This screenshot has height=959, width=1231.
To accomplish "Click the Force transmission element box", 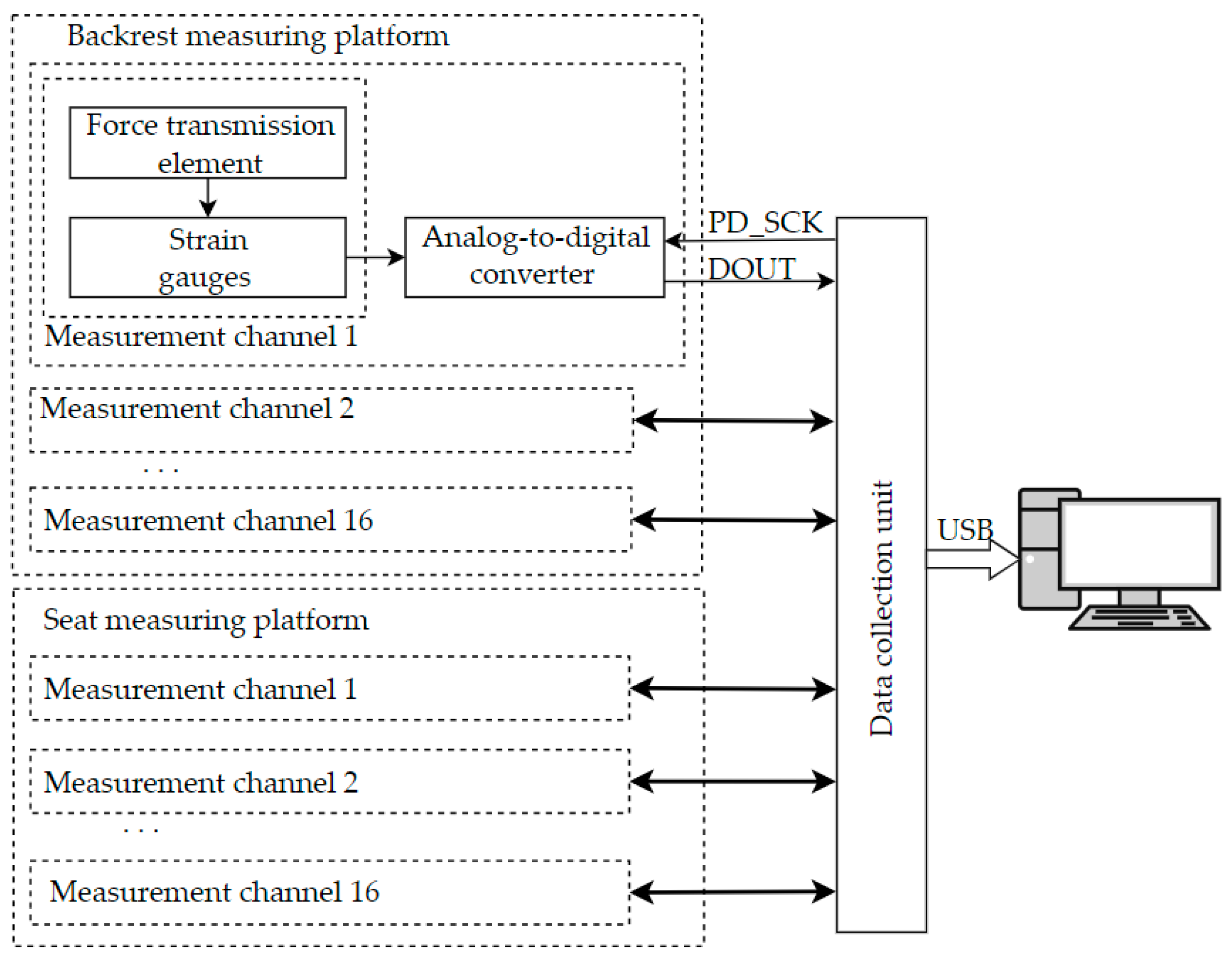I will click(x=208, y=143).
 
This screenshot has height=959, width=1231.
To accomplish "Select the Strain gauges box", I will click(x=208, y=258).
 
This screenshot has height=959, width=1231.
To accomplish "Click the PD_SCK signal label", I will click(x=764, y=223).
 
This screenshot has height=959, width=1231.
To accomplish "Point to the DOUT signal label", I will click(x=751, y=269).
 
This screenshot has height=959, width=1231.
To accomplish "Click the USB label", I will click(x=964, y=530).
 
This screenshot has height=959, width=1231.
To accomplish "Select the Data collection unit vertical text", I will click(x=881, y=609).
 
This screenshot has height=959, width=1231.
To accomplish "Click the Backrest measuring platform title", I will click(x=258, y=36).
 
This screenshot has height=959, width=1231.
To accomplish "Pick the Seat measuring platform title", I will click(x=206, y=620).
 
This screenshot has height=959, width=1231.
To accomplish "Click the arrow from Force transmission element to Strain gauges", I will click(x=208, y=198).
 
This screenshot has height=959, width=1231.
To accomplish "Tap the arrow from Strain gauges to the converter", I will click(x=375, y=258).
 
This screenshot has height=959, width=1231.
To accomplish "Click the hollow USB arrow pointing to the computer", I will click(x=972, y=559).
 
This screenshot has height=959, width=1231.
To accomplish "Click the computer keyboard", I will click(x=1139, y=618).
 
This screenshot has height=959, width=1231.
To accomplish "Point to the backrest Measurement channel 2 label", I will click(x=197, y=408).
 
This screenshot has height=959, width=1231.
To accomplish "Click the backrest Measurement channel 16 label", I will click(x=208, y=520).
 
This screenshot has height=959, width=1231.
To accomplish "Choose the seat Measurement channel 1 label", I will click(x=201, y=689).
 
